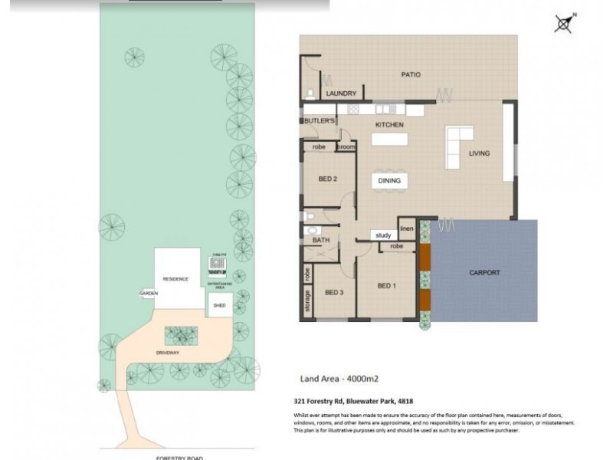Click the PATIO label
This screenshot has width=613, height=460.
tap(411, 75)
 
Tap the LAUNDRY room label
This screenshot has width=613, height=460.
tap(341, 94)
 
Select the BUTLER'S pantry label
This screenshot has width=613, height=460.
tap(320, 122)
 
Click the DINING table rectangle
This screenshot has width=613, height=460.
tap(389, 181)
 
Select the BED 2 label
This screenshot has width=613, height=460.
tap(328, 179)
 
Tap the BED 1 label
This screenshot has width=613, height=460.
tap(388, 286)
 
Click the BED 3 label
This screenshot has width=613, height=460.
tap(333, 293)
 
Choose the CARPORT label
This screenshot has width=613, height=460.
tap(484, 272)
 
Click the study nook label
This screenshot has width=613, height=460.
tap(383, 235)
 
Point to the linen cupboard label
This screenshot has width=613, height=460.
tap(406, 228)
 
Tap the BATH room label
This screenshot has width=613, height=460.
tap(320, 240)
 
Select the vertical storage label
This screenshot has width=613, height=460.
tap(307, 301)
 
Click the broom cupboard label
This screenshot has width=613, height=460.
tap(345, 146)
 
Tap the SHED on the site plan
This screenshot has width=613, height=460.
tap(219, 304)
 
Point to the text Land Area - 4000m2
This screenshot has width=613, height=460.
tap(338, 379)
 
